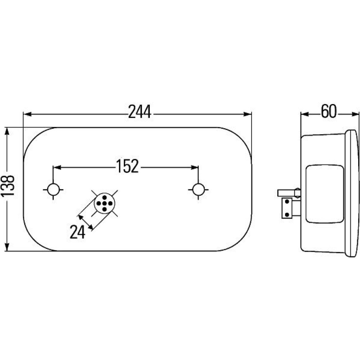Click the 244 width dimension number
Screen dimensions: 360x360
tap(140, 112)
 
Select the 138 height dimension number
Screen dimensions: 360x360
tap(8, 186)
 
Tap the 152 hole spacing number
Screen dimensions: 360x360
tap(127, 166)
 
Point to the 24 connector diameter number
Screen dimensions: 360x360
tap(77, 232)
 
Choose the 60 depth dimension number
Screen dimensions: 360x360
tap(329, 112)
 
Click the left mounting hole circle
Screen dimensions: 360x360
tap(53, 189)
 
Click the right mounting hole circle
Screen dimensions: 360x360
tap(198, 189)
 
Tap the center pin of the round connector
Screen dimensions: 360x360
tap(104, 203)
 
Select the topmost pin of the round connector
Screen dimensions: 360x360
tap(104, 197)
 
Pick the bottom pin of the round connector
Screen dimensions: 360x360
tap(104, 209)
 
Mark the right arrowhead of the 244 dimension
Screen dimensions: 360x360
tap(248, 114)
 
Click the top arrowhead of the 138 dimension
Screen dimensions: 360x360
tap(7, 131)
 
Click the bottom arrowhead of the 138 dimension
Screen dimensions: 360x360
tap(7, 247)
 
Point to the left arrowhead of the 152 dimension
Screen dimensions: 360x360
tap(57, 167)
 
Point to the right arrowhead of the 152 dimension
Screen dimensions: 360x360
tap(194, 167)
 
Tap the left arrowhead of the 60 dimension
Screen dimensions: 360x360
tap(305, 114)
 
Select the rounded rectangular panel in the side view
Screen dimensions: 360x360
tap(325, 194)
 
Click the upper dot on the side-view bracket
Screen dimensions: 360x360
tap(287, 202)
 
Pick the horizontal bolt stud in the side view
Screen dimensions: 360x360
tap(289, 193)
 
